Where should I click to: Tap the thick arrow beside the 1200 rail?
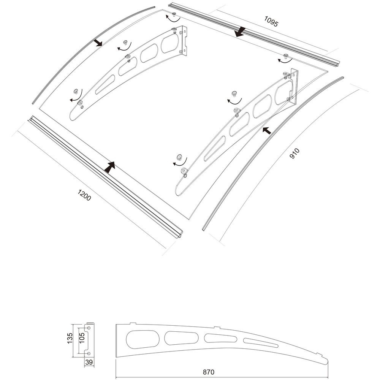coord(110,167)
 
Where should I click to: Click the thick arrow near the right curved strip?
coord(267,130)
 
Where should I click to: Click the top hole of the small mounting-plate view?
coord(89,328)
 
